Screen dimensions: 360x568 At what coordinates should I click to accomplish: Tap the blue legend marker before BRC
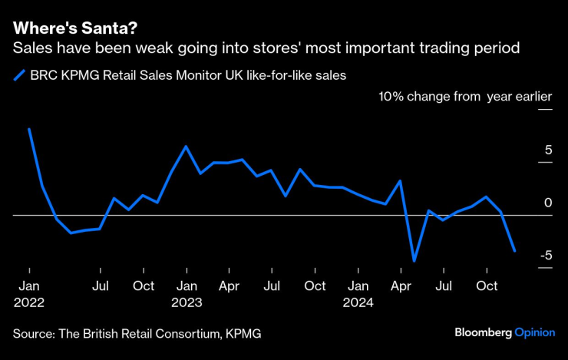19,75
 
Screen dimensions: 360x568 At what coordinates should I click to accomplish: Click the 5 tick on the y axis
548,150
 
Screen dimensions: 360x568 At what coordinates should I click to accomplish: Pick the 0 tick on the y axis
548,203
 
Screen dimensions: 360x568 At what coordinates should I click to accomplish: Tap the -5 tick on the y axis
544,255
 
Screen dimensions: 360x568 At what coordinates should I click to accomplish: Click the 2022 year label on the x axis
29,302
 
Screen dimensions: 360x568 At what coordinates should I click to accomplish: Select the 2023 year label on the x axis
187,302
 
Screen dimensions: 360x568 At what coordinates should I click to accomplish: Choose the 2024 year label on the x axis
358,302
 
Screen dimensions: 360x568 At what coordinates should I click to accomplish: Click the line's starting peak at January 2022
29,129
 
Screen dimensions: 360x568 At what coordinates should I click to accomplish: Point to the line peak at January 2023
187,146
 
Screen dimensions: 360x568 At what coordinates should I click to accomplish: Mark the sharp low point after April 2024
414,261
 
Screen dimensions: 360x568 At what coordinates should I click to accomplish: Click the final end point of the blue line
514,250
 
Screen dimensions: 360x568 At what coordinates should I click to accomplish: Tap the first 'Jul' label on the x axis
100,286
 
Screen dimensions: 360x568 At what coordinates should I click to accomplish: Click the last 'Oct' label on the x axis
486,286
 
